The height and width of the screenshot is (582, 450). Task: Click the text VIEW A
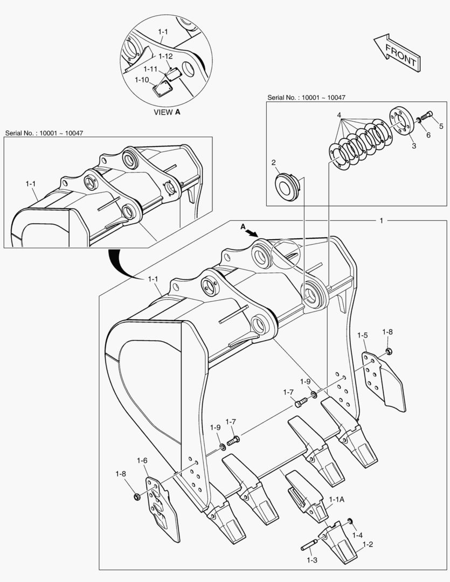pos(167,112)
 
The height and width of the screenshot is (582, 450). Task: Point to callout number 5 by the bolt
pos(440,127)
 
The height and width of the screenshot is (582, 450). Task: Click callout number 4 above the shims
pos(339,115)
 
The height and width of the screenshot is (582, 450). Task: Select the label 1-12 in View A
pos(165,56)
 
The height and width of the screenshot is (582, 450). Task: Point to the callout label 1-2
pos(368,545)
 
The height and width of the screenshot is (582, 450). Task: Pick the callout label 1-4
pos(358,535)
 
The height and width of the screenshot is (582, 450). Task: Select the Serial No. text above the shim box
pos(306,98)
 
